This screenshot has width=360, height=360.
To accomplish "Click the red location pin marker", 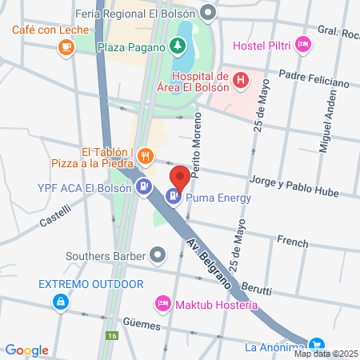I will coord(179,178).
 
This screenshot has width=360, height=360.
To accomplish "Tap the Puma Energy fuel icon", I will coord(173,195).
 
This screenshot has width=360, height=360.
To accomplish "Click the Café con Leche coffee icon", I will coord(66,48).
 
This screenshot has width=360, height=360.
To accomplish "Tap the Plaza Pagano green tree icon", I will coord(176,47).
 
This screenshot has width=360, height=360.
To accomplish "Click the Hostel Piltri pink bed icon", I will coord(302,43).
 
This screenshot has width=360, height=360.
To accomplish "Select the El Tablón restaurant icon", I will coord(145,155).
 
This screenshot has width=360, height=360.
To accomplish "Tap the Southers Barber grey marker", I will coord(158,256).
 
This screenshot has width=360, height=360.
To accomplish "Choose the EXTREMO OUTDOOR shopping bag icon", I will coord(60,302).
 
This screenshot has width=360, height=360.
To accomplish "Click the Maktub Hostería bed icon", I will coord(162,304).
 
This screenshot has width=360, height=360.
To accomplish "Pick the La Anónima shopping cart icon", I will coord(318,346).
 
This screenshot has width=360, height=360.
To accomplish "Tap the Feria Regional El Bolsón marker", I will coord(209,13).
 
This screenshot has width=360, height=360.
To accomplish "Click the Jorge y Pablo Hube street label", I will coord(294,186).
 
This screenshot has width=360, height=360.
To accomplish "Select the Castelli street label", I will coord(53,217).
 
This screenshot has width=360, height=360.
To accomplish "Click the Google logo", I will coord(26,350).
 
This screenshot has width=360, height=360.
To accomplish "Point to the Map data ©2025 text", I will coord(326,354).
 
